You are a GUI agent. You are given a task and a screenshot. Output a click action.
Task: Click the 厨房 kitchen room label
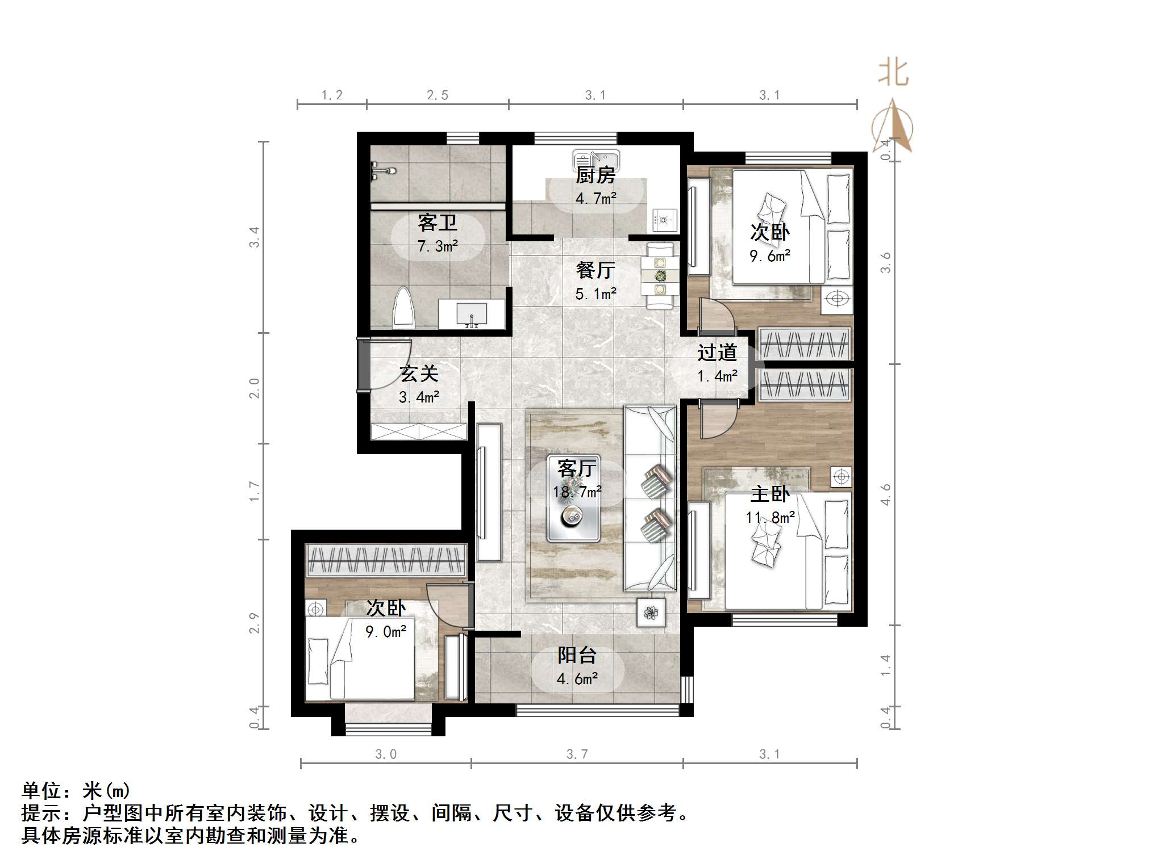pos(595,175)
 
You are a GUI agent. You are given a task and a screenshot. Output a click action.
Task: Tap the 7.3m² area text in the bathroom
pos(437,246)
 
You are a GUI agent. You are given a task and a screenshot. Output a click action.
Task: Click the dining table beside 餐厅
pos(660,276)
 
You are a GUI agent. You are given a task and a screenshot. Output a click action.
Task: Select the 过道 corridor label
pos(717,353)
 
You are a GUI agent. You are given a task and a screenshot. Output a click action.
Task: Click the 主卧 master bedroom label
pos(770,494)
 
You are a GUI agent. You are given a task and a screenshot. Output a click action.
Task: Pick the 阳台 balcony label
pos(577,656)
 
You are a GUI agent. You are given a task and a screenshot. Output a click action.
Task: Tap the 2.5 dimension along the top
pos(438,95)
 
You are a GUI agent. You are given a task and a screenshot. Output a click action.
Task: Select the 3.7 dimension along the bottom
pos(577,754)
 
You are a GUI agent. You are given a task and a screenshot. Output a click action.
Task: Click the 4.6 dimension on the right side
pos(886,495)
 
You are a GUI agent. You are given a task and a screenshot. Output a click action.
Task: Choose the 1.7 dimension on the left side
pos(254,491)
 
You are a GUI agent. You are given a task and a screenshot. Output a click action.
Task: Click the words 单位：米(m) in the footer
pos(76,790)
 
